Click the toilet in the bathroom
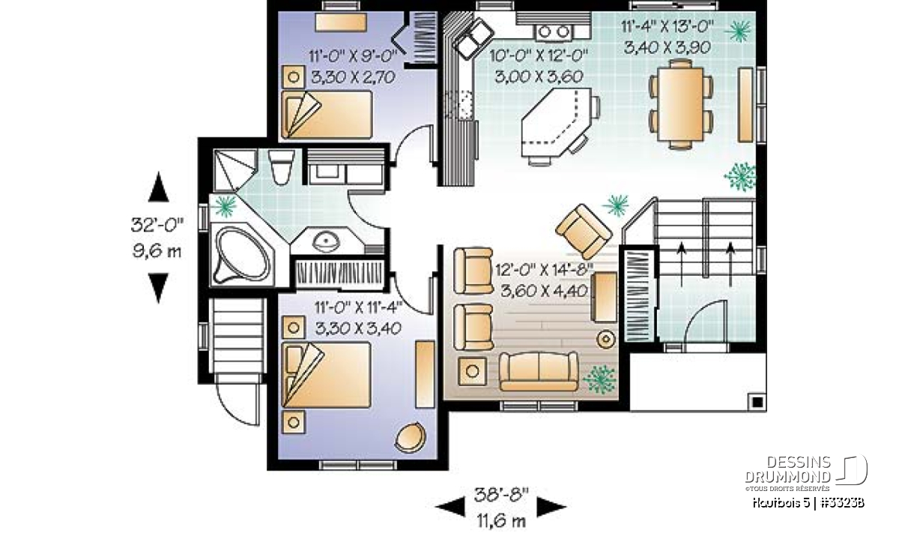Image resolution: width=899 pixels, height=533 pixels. tap(281, 166)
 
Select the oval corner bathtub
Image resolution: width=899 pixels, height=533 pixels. tap(243, 254)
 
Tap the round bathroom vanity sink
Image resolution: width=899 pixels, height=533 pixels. tap(327, 241)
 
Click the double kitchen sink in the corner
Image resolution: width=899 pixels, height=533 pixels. tap(473, 38)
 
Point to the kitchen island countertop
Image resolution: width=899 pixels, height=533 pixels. tap(555, 121)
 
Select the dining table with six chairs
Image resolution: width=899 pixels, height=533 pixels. tap(680, 104)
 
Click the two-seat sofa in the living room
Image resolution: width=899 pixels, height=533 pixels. tap(539, 371)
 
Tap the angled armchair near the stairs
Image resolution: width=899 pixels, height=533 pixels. tap(584, 232)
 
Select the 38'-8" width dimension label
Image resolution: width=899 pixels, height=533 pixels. tap(501, 495)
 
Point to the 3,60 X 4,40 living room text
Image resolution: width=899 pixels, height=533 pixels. tap(544, 291)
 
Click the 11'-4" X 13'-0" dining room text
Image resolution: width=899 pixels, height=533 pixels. tap(668, 27)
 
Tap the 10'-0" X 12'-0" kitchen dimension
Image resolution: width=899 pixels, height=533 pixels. tap(539, 55)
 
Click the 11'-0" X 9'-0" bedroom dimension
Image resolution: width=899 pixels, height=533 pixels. tap(353, 55)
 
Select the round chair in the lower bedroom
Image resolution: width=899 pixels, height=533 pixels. tap(411, 438)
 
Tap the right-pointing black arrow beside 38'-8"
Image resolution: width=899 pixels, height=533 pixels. tap(551, 507)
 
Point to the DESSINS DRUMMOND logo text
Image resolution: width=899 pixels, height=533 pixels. tap(788, 469)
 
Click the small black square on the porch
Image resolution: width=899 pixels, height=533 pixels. tap(757, 402)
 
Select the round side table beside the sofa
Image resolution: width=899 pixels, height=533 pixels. tap(605, 340)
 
